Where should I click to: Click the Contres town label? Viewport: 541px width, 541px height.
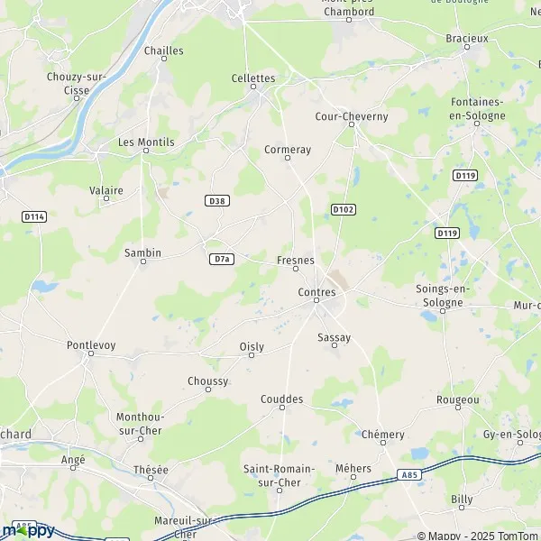tap(316, 292)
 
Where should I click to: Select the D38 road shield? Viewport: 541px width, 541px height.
tap(215, 201)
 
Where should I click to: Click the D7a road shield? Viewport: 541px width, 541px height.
tap(222, 259)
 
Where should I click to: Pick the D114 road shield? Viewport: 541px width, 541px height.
tap(34, 216)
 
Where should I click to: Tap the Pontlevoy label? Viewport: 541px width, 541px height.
tap(92, 344)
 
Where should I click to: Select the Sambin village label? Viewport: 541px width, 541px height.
tap(142, 253)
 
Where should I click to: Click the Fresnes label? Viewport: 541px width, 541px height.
tap(295, 260)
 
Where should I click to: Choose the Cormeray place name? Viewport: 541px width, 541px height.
tap(288, 150)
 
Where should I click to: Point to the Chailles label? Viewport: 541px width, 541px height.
tap(163, 50)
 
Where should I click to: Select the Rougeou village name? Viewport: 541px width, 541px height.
tap(457, 399)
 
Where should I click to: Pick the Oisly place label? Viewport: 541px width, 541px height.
tap(252, 347)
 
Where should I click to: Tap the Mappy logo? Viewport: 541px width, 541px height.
tap(29, 529)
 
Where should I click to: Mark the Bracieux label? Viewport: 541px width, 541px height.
tap(467, 38)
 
